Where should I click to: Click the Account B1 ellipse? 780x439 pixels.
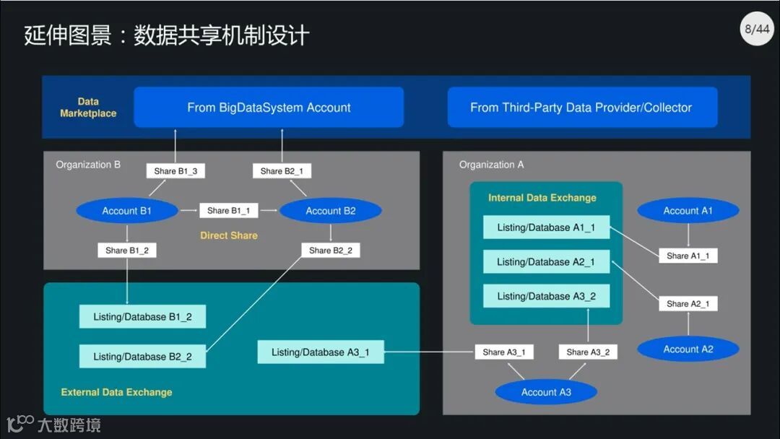tap(126, 211)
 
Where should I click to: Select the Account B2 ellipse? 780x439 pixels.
tap(331, 211)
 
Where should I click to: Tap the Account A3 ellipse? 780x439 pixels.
tap(546, 392)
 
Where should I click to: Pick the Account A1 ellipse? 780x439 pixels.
tap(688, 211)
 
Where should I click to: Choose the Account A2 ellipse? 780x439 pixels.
tap(688, 349)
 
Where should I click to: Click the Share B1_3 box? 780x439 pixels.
tap(175, 171)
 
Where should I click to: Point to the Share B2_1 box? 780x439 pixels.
tap(282, 171)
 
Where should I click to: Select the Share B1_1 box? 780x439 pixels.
tap(228, 211)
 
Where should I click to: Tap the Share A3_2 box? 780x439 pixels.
tap(588, 352)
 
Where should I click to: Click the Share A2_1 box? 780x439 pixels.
tap(688, 304)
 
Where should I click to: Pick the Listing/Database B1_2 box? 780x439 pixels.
tap(142, 317)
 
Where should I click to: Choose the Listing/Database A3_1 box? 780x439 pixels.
tap(320, 352)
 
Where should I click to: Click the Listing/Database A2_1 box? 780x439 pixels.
tap(546, 262)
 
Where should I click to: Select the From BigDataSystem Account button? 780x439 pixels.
tap(269, 108)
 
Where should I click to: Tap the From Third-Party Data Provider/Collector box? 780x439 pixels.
tap(582, 108)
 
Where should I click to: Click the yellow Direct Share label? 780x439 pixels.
tap(229, 235)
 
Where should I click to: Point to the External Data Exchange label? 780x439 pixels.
tap(116, 392)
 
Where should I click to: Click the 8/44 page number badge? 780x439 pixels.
tap(756, 30)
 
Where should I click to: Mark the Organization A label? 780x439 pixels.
tap(491, 165)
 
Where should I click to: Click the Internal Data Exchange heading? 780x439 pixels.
tap(542, 198)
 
